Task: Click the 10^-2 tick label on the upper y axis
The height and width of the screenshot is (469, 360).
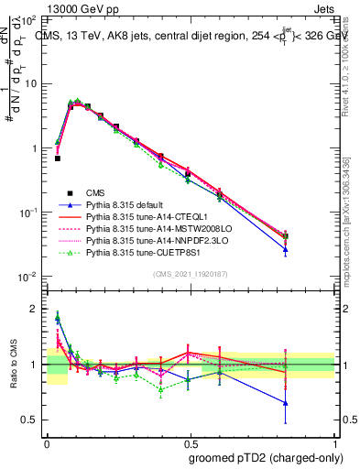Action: coord(29,277)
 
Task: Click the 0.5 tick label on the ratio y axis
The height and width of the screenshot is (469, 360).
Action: coord(31,420)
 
